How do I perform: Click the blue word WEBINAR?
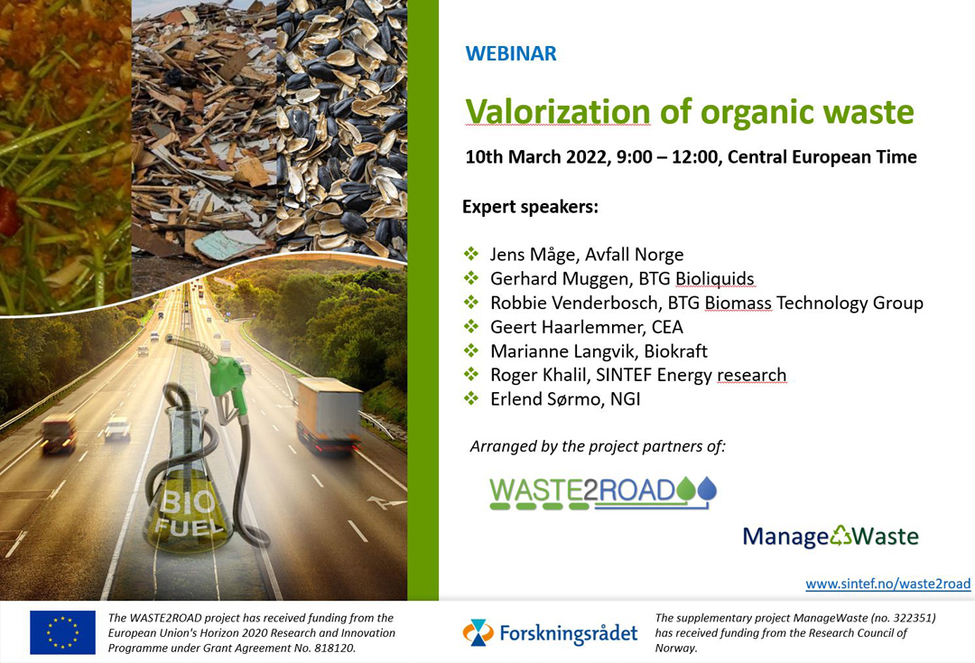510,53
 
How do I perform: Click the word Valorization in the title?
558,112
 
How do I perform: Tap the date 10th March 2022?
536,157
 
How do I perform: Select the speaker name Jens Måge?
532,255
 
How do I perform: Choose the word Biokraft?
675,351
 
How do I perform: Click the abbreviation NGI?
625,399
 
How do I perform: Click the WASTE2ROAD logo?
602,493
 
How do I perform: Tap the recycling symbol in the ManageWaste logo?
840,535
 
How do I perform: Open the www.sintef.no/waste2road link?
888,584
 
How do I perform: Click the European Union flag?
63,632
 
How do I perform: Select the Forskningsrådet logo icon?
478,632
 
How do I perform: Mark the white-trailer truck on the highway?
329,414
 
